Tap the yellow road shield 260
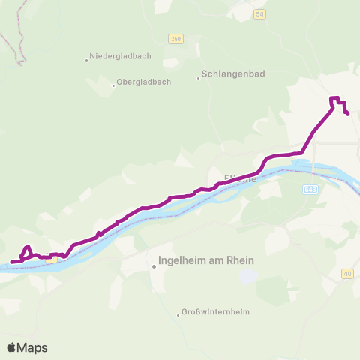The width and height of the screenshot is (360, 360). (x=175, y=39)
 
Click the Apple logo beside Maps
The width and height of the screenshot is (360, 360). (x=12, y=347)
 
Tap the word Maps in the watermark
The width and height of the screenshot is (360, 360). (x=32, y=347)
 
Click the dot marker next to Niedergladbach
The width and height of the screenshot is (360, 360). (x=86, y=57)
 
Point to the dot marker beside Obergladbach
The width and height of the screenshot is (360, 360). (x=113, y=85)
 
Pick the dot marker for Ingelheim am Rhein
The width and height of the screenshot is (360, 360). (x=154, y=265)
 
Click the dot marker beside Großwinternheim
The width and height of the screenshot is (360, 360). (x=178, y=315)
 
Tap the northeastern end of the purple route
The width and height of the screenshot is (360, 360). (x=348, y=113)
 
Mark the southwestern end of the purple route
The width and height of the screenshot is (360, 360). (x=11, y=262)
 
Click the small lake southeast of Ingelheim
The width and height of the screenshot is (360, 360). (x=247, y=276)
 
